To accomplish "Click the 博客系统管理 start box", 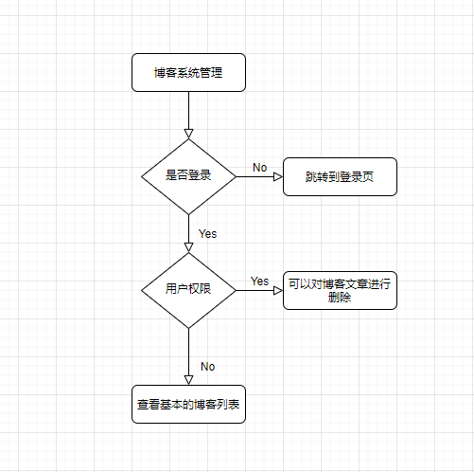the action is coord(188,73).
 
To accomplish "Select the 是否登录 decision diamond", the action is coord(188,176).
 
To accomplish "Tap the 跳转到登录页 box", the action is coord(340,176).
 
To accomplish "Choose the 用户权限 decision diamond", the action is coord(188,290).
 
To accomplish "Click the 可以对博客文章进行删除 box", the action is coord(340,290).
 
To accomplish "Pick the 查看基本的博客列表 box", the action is coord(188,404).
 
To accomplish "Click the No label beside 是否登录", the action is coord(260,168).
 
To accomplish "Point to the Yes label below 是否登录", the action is coord(207,234).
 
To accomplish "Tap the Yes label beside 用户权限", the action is coord(259,281).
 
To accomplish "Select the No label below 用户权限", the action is coord(208,367).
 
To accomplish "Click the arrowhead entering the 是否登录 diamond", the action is coord(188,134).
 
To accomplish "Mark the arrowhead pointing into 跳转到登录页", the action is coord(278,176).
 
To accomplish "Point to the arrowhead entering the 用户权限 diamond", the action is coord(188,247).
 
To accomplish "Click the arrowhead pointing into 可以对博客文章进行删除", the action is coord(278,290).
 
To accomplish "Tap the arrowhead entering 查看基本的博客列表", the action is coord(188,380).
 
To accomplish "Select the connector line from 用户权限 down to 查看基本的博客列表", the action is coord(188,356).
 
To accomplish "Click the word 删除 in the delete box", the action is coord(340,298).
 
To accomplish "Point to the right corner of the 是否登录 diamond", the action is coord(236,176).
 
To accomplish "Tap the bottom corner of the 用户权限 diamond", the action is coord(188,328).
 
